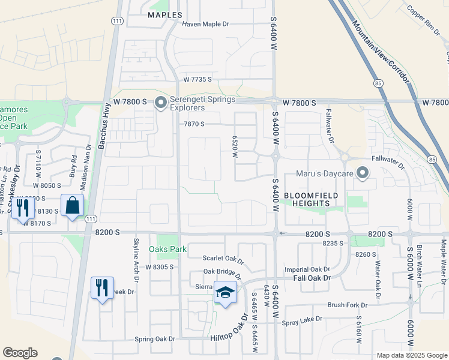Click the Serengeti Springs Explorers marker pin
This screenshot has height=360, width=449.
click(x=160, y=103)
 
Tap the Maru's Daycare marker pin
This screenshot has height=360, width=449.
click(x=362, y=174)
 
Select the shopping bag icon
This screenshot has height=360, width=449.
click(x=72, y=206)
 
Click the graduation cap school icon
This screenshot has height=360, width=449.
click(x=225, y=292)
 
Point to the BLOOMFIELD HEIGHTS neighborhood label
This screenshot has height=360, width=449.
click(x=311, y=200)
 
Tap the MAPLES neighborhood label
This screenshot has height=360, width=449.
click(x=164, y=14)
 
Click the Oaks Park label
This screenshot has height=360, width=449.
click(x=168, y=249)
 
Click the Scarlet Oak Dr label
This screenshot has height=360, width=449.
click(x=223, y=261)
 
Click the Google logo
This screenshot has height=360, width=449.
click(x=20, y=353)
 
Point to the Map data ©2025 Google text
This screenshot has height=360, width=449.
click(x=411, y=355)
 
